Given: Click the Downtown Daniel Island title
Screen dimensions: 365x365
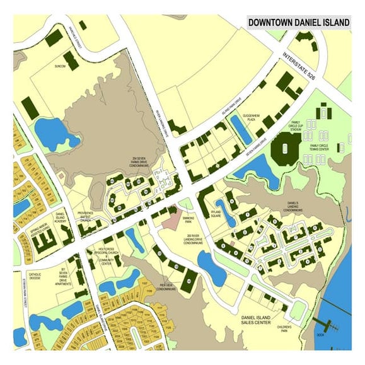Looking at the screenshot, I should [298, 23].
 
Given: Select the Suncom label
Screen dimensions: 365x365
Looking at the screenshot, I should [61, 66].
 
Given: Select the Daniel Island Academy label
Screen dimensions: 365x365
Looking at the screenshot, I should [61, 217].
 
